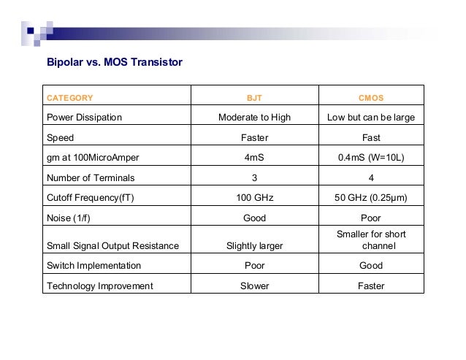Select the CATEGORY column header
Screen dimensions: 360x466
[70, 97]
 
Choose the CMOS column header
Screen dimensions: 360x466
[371, 97]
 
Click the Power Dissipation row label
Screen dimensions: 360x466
[84, 117]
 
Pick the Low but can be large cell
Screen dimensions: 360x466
[371, 117]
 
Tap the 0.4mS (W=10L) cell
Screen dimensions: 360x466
[371, 157]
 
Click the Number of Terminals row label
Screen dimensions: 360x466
[91, 177]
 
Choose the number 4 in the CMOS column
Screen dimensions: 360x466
[371, 177]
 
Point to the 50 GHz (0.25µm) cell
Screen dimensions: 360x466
[371, 196]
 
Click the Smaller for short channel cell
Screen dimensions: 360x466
[371, 240]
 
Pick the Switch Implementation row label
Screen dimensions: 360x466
[93, 266]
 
